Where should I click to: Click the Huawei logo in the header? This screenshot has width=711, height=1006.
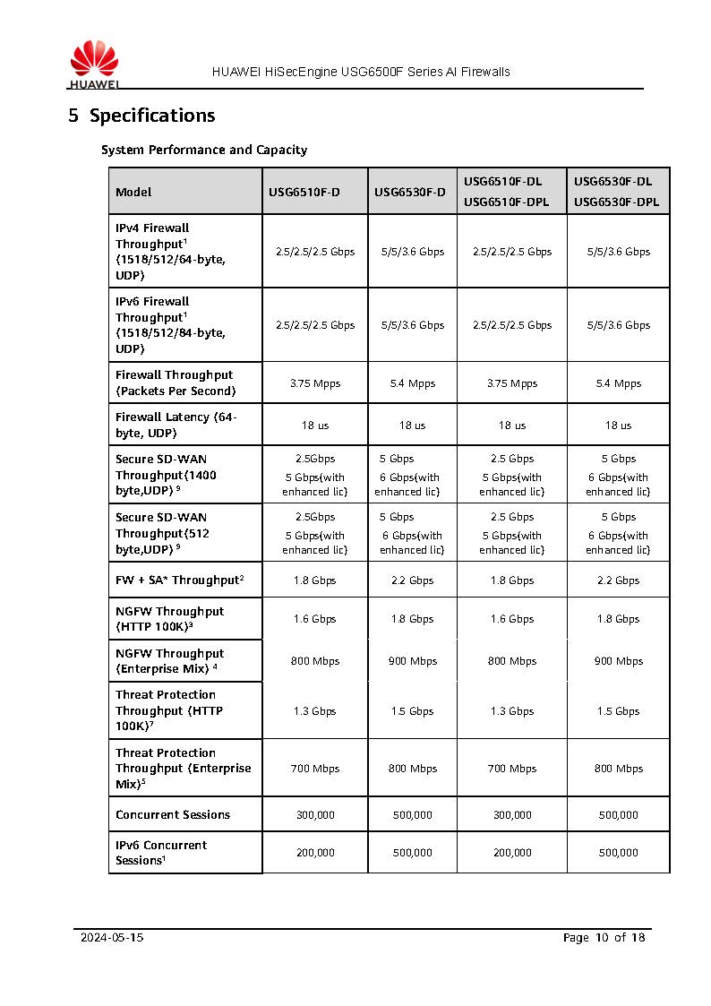click(93, 65)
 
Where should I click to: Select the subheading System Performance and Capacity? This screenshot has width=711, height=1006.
click(204, 150)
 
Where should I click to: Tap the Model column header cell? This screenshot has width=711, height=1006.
click(133, 193)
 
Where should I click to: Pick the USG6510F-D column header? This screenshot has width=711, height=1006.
click(304, 193)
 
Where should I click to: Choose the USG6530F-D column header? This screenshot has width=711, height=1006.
click(410, 193)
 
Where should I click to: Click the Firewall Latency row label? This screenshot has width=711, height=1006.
click(176, 425)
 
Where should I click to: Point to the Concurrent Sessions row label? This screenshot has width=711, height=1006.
click(173, 815)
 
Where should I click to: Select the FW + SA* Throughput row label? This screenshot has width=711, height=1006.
click(179, 580)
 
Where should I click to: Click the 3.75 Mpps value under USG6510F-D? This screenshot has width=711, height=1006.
click(315, 383)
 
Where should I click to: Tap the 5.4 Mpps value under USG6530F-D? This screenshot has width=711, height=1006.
click(413, 383)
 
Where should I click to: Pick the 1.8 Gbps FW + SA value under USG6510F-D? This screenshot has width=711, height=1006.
click(315, 580)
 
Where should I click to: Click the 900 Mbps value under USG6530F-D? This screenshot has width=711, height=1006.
click(413, 661)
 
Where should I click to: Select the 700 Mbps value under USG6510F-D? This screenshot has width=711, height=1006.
click(315, 769)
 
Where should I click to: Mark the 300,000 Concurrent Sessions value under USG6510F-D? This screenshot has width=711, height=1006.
click(315, 815)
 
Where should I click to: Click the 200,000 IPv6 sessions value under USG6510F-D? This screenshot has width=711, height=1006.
click(315, 853)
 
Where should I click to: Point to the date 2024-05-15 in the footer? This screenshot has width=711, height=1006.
click(112, 938)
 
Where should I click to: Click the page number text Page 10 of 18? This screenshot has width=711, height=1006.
click(604, 938)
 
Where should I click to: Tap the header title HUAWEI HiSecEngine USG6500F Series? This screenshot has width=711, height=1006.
click(361, 72)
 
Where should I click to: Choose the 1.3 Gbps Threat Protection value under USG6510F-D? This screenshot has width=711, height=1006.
click(315, 711)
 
